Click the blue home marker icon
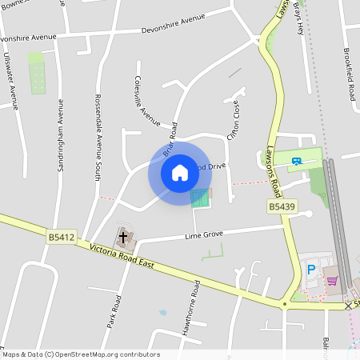(179, 173)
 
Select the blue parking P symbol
(310, 270)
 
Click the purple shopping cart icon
(332, 280)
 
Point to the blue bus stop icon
(298, 160)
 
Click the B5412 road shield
(61, 237)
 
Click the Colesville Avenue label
(148, 102)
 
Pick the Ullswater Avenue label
(11, 80)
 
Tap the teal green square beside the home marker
(201, 198)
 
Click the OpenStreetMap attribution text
(80, 354)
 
